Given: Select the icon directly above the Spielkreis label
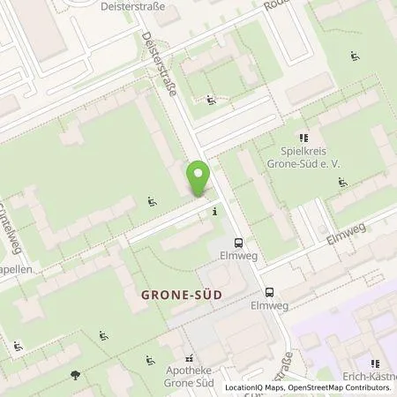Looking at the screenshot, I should point(304,137).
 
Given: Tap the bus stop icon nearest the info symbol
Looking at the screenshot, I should point(237,243).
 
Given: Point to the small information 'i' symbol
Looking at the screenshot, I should point(214,212).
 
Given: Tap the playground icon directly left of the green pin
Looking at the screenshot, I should point(153,201).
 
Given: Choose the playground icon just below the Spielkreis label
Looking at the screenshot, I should point(342,184).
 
